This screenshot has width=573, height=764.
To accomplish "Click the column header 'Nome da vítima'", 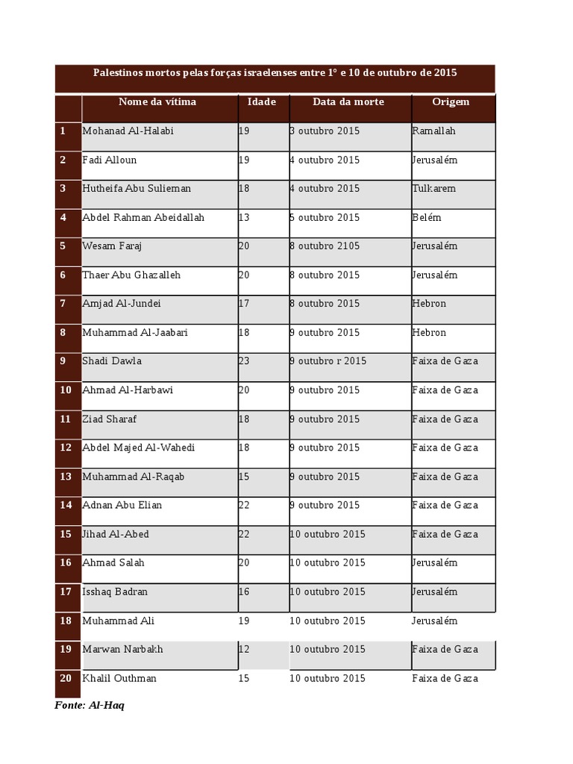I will click(157, 101).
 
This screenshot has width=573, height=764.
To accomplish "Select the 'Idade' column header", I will click(262, 101).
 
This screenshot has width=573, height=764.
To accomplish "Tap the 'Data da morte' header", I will click(348, 101).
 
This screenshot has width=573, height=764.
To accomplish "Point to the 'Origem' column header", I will click(451, 101).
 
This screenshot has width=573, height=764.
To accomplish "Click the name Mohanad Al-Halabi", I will click(128, 131).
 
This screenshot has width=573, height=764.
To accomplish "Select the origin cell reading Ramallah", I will click(433, 131).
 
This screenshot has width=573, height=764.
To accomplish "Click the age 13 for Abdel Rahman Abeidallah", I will click(244, 217).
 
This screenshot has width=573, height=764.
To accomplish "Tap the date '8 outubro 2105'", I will click(324, 246).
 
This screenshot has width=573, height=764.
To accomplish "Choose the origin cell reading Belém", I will click(427, 217).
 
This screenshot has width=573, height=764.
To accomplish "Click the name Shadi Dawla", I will click(112, 361).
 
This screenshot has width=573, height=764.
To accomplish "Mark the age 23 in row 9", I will click(244, 361).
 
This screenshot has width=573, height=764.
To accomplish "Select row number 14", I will click(66, 505).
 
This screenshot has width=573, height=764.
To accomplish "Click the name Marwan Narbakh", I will click(122, 649).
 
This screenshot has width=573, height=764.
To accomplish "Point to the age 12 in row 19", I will click(244, 649).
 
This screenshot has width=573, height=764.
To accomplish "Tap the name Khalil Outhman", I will click(119, 678).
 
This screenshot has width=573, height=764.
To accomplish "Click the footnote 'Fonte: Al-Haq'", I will click(90, 705).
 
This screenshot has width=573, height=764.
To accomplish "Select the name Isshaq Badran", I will click(115, 592).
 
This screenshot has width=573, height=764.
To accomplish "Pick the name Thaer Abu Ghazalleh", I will click(131, 275).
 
